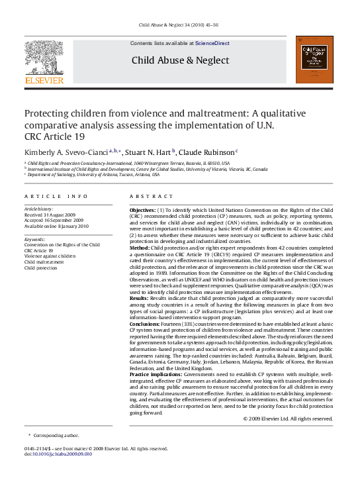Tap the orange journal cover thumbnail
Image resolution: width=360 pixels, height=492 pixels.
click(314, 60)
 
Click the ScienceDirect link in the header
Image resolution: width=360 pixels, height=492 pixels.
click(212, 43)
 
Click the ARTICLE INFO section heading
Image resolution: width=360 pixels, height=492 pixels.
click(56, 197)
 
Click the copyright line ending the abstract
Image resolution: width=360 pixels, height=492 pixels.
click(288, 418)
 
